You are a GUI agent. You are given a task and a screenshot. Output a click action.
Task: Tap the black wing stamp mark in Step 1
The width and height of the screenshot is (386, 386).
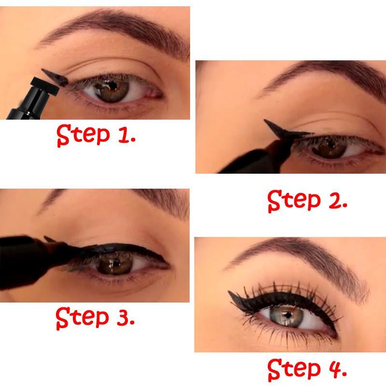53,75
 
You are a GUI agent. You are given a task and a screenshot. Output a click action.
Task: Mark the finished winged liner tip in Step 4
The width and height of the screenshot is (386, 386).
232,293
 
